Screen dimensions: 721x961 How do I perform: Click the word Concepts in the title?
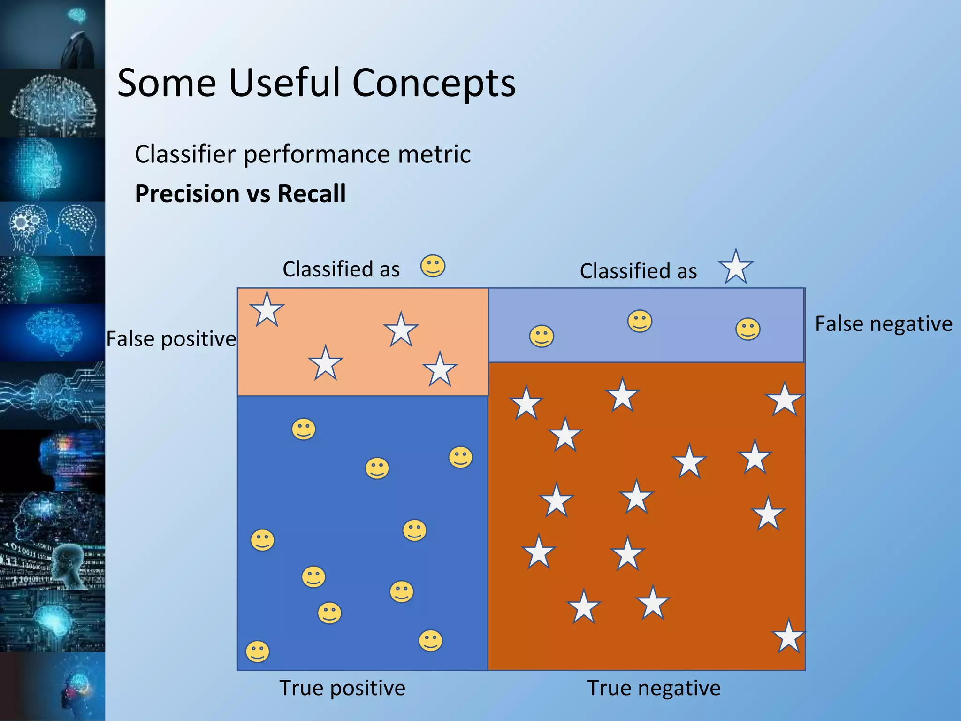(434, 83)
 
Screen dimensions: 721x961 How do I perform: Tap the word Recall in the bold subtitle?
(312, 194)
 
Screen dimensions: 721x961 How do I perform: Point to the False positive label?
(171, 339)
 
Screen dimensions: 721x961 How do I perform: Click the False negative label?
(883, 324)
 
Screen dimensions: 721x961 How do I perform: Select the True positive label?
(342, 688)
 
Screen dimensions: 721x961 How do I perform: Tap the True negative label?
(654, 688)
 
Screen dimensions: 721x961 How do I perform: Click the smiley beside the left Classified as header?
(433, 266)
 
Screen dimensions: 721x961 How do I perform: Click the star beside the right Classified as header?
(735, 267)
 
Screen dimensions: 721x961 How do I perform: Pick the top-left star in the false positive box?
(267, 310)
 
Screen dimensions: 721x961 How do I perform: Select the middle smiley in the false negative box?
(640, 322)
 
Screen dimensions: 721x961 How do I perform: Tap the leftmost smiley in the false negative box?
(542, 336)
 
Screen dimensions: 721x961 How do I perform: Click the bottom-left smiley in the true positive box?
(258, 652)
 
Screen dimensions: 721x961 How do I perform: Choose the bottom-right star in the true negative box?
(788, 637)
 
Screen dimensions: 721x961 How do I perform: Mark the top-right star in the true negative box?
(784, 400)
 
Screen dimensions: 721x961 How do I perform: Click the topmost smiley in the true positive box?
(304, 429)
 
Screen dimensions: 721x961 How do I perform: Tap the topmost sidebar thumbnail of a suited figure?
(53, 34)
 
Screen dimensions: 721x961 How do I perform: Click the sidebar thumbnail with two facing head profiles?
(53, 229)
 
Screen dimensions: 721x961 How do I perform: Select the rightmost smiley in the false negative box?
(747, 329)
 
